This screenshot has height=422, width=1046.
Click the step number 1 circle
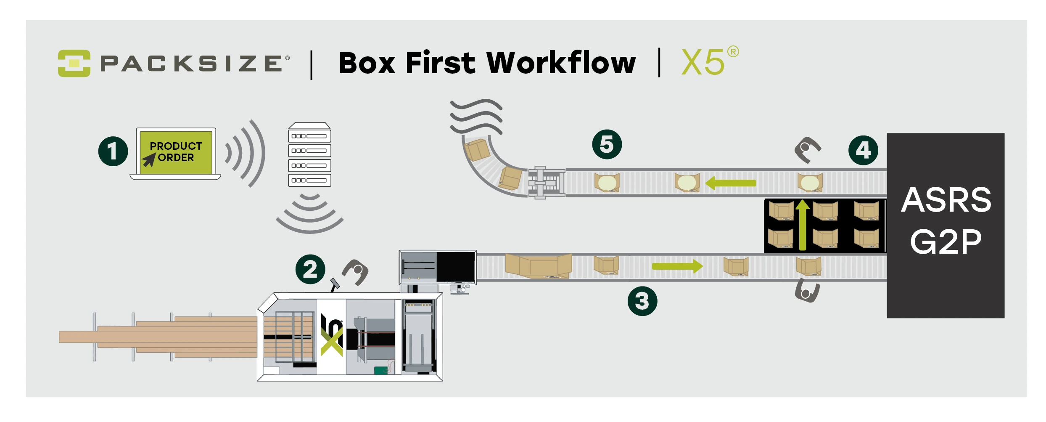[x=113, y=151]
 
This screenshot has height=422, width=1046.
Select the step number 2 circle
[x=310, y=269]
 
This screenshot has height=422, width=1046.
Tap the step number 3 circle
[x=642, y=301]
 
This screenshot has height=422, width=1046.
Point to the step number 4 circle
[x=863, y=150]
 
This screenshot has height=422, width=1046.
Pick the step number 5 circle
[x=607, y=144]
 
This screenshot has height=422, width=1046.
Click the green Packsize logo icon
[x=74, y=63]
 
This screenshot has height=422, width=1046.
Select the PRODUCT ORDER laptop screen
[x=176, y=152]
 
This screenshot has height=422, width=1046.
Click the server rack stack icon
[x=309, y=155]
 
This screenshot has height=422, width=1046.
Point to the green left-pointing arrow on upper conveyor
[x=731, y=183]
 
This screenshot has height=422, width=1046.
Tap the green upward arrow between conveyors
[x=803, y=225]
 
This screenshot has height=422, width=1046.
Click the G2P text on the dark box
[x=946, y=242]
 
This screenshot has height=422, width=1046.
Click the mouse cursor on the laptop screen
[x=149, y=160]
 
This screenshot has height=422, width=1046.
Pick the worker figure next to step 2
[x=356, y=271]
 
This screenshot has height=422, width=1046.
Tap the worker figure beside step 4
[x=807, y=149]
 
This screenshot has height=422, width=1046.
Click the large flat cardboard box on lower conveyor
[x=538, y=265]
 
